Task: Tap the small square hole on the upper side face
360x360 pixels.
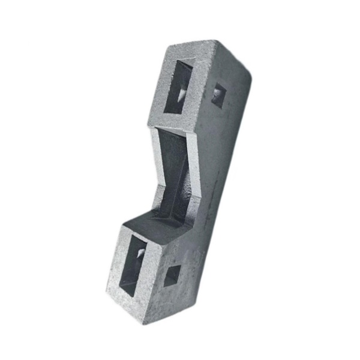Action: [x=218, y=95]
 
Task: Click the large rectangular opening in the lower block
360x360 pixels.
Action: [x=133, y=264]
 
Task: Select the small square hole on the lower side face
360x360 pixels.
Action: [x=173, y=275]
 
